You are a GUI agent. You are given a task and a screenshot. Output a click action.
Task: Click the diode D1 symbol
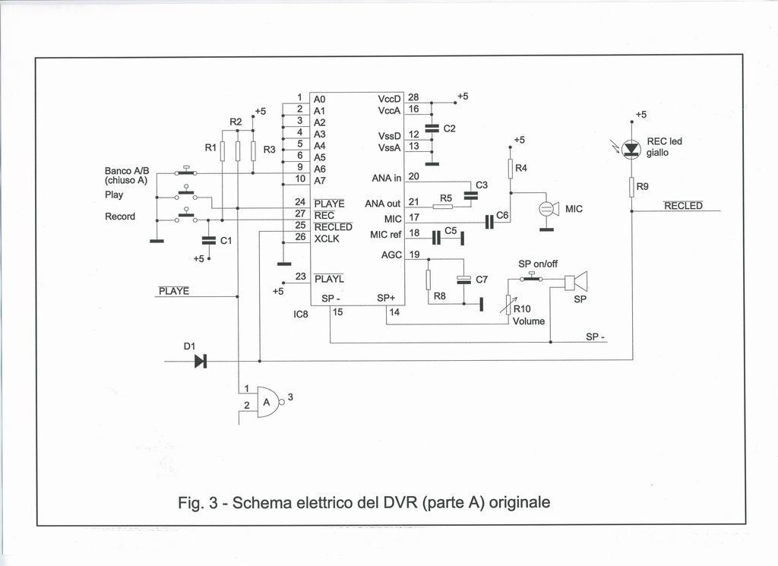(201, 361)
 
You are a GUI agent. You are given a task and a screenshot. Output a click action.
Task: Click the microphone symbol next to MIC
(547, 208)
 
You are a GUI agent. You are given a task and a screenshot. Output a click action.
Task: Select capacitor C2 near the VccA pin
(432, 128)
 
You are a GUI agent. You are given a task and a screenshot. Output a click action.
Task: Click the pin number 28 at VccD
(413, 97)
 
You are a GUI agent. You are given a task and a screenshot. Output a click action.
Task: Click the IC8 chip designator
(301, 311)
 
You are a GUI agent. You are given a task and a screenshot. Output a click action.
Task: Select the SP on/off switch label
(538, 264)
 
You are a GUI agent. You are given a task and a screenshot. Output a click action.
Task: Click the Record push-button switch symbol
(185, 217)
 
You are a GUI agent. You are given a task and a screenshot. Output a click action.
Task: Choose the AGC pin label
(391, 255)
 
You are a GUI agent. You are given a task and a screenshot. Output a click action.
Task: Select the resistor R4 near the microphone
(511, 168)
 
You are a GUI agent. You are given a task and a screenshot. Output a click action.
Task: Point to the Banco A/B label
(122, 171)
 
